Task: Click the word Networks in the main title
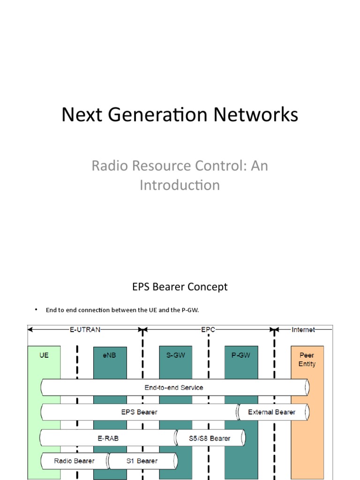pos(255,114)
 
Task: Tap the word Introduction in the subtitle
pos(180,185)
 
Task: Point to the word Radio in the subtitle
pos(110,165)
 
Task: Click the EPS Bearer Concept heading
pos(180,287)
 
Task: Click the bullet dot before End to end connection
pos(36,310)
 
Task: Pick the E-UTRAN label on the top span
pos(85,330)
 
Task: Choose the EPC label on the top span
pos(208,330)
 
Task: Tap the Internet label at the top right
pos(303,330)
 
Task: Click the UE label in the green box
pos(44,355)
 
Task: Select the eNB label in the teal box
pos(109,355)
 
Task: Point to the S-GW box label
pos(175,355)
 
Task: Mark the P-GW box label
pos(240,355)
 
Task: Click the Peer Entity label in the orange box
pos(307,360)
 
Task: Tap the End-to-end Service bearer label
pos(174,388)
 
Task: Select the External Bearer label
pos(272,412)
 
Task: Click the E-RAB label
pos(108,438)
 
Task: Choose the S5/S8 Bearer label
pos(210,438)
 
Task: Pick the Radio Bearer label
pos(75,461)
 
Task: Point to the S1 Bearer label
pos(142,461)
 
